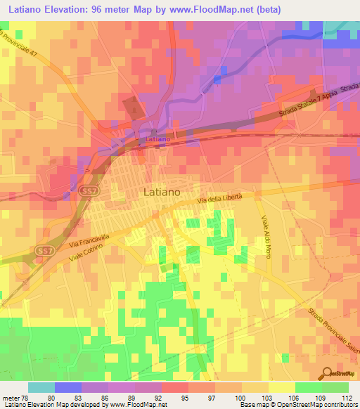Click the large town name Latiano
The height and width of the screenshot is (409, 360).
[x=162, y=190]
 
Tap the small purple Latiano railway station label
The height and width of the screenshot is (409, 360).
[x=157, y=139]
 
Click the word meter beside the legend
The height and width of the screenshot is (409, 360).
[x=9, y=398]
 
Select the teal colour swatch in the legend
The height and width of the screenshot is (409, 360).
[x=41, y=387]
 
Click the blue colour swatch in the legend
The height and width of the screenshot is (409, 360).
[x=67, y=387]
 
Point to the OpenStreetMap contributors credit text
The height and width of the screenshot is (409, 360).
[x=309, y=405]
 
